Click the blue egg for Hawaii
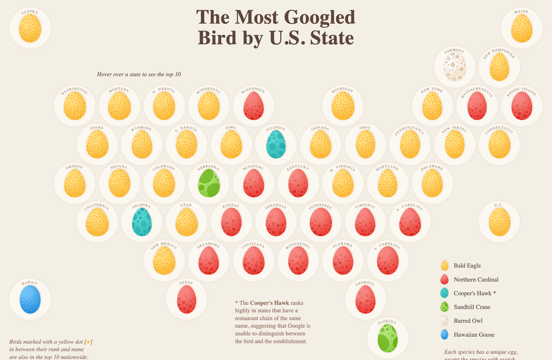pyautogui.click(x=30, y=300)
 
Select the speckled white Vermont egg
pyautogui.click(x=454, y=67)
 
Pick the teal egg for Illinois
pyautogui.click(x=276, y=144)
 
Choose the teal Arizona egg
pyautogui.click(x=141, y=222)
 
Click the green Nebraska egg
pyautogui.click(x=209, y=183)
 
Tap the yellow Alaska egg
pyautogui.click(x=30, y=28)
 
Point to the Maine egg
pyautogui.click(x=522, y=28)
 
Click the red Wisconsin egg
pyautogui.click(x=254, y=106)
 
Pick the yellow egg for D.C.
pyautogui.click(x=499, y=222)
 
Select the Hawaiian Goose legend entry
pyautogui.click(x=473, y=335)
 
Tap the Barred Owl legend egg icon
pyautogui.click(x=444, y=321)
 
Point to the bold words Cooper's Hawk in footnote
pyautogui.click(x=270, y=302)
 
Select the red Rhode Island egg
pyautogui.click(x=522, y=106)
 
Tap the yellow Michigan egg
pyautogui.click(x=343, y=106)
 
